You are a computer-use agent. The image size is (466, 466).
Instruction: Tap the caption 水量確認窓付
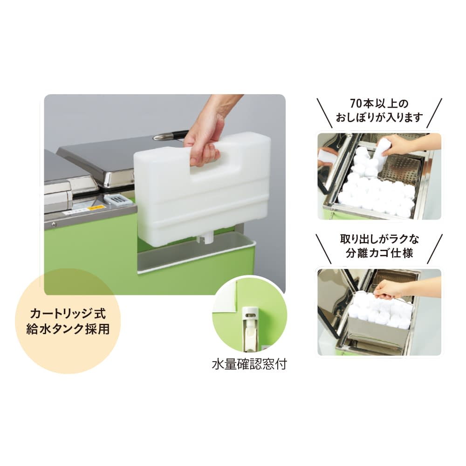pos(249,364)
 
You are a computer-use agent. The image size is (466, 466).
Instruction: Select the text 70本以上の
pos(379,103)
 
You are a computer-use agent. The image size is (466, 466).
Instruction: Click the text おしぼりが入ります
pos(379,117)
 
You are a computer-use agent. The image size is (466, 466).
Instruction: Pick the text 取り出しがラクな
pos(379,240)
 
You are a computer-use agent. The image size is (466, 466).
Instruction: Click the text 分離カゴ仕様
pos(379,254)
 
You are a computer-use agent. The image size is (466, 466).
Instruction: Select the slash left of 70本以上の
pos(324,112)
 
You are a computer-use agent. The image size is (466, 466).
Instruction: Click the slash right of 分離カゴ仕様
pos(434,248)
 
